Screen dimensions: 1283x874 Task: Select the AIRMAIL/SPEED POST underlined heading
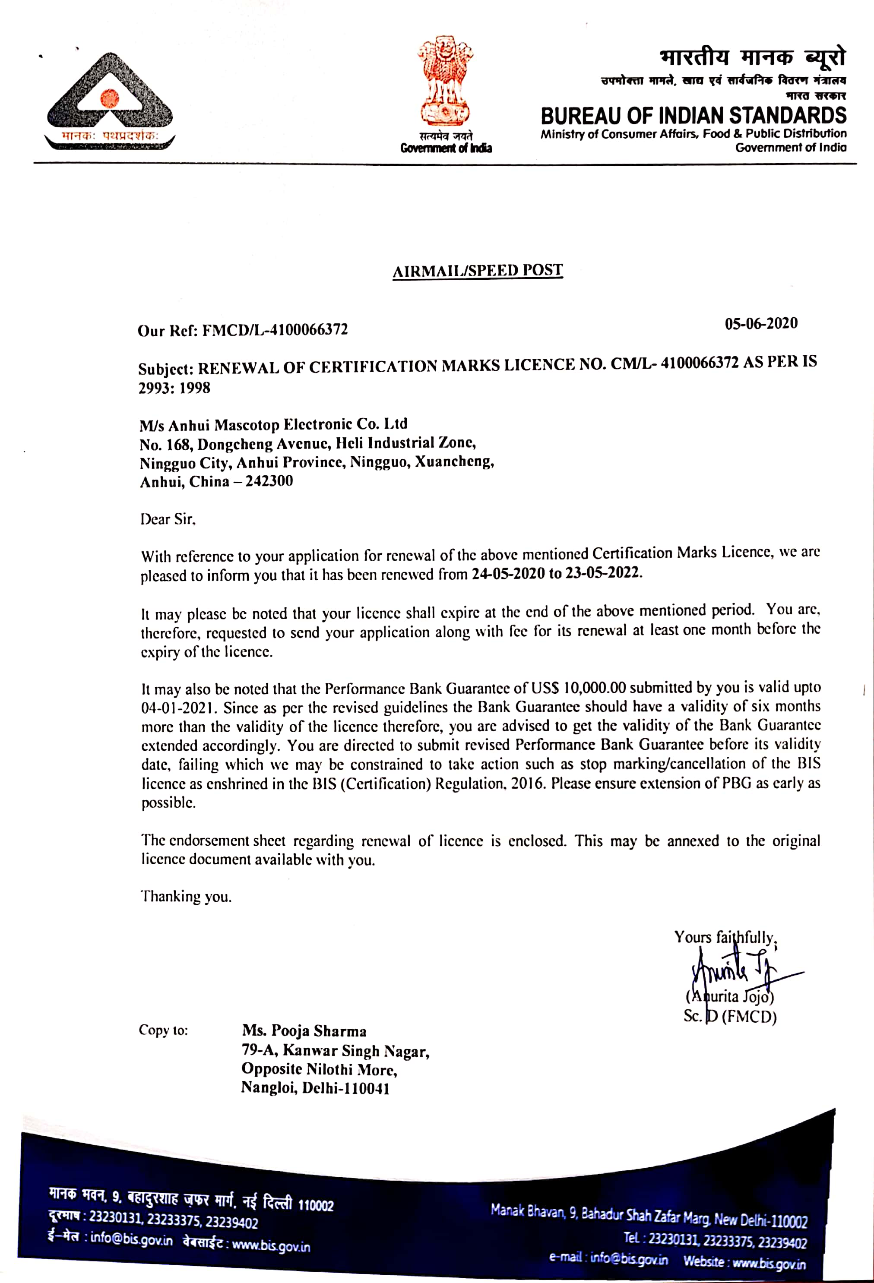[478, 271]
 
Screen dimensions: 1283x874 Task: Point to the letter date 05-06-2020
[761, 323]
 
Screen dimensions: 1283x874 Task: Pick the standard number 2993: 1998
[174, 388]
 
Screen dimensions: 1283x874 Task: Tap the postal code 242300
[269, 481]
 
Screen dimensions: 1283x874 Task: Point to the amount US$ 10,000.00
[579, 688]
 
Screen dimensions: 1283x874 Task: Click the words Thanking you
[186, 896]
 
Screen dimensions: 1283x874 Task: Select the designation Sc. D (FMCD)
[730, 1016]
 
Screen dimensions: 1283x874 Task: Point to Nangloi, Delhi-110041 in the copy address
[315, 1088]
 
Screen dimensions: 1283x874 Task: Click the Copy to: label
[163, 1030]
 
